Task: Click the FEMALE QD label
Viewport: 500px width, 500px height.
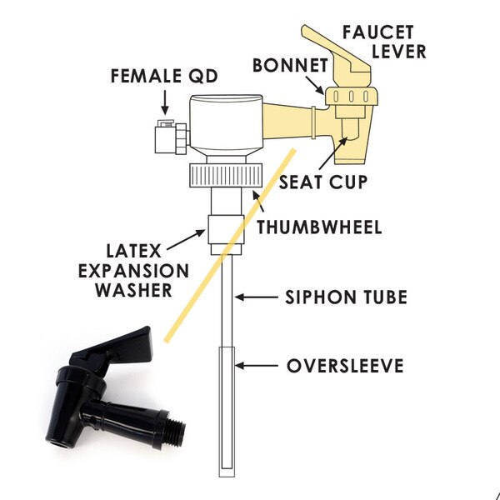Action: (164, 76)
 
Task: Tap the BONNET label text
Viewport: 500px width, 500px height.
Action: (290, 65)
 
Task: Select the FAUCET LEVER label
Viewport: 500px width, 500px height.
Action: (384, 42)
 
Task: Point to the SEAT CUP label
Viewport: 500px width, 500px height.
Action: (323, 182)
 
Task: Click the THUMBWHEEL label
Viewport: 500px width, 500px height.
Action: (319, 227)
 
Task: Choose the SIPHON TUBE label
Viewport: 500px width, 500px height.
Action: (346, 297)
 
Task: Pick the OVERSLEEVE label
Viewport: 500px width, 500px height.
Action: (345, 366)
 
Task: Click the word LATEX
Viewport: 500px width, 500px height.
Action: (133, 251)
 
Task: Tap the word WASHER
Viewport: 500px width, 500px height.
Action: (134, 290)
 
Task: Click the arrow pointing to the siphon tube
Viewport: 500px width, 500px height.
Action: (257, 297)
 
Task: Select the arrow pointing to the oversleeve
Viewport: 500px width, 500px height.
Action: (257, 366)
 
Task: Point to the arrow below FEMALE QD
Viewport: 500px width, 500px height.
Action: (164, 102)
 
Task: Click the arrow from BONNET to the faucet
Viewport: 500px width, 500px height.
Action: (315, 85)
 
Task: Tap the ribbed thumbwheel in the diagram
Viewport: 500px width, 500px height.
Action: (226, 175)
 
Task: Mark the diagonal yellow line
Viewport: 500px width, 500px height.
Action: (230, 245)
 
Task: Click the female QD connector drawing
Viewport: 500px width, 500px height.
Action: (171, 137)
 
